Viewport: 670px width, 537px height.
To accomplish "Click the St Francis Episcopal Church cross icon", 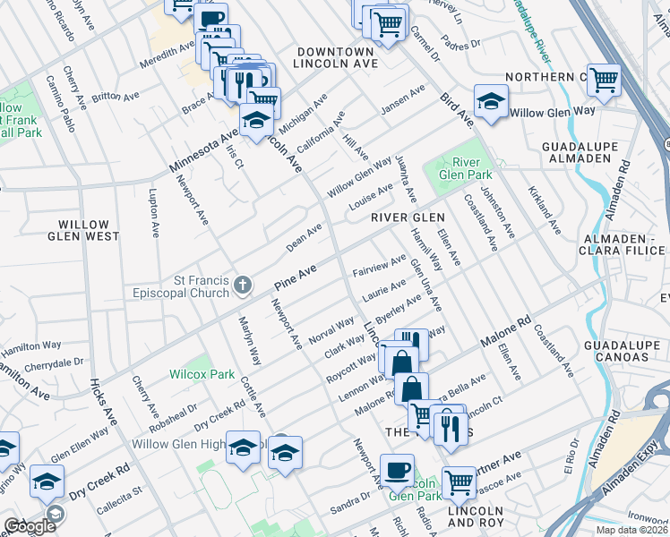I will (x=241, y=286).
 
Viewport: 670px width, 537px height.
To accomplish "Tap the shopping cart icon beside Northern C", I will (x=605, y=79).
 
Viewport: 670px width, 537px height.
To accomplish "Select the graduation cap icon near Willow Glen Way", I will (x=491, y=103).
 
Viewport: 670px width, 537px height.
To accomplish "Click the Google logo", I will (x=30, y=526).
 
